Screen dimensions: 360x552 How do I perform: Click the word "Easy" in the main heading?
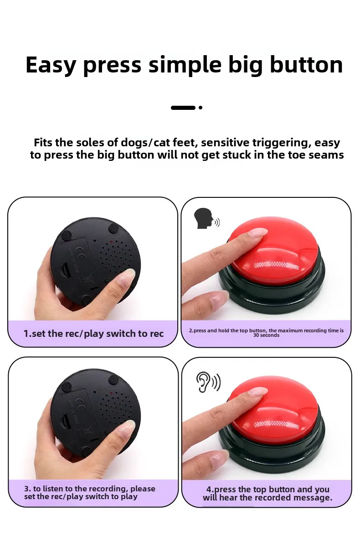51,65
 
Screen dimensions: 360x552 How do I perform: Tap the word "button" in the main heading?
306,65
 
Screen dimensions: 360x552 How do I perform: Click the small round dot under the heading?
201,108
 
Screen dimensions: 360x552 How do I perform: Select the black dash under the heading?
183,108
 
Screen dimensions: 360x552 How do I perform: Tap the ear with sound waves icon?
208,382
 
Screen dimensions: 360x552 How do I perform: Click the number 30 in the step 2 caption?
256,335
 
